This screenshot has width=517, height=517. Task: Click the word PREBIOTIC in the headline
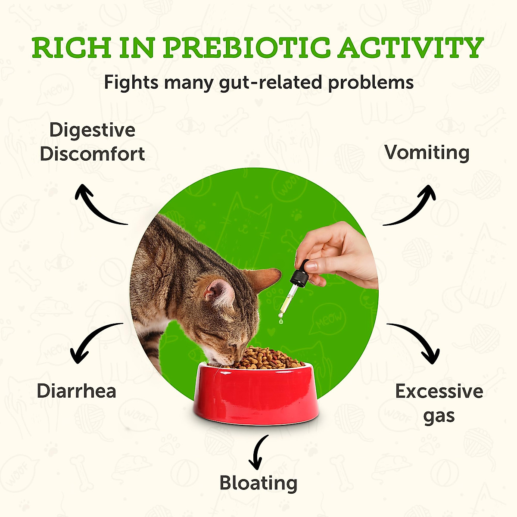pyautogui.click(x=246, y=48)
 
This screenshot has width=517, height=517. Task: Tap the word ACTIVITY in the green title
pyautogui.click(x=411, y=48)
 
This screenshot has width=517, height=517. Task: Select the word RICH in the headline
pyautogui.click(x=72, y=48)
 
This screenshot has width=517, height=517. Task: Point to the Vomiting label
pyautogui.click(x=427, y=153)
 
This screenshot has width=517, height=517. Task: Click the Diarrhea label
pyautogui.click(x=76, y=391)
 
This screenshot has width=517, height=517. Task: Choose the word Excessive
pyautogui.click(x=439, y=392)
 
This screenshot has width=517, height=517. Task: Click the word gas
pyautogui.click(x=439, y=416)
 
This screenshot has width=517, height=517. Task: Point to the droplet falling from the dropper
pyautogui.click(x=281, y=321)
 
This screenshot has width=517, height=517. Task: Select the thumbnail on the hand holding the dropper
pyautogui.click(x=311, y=266)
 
